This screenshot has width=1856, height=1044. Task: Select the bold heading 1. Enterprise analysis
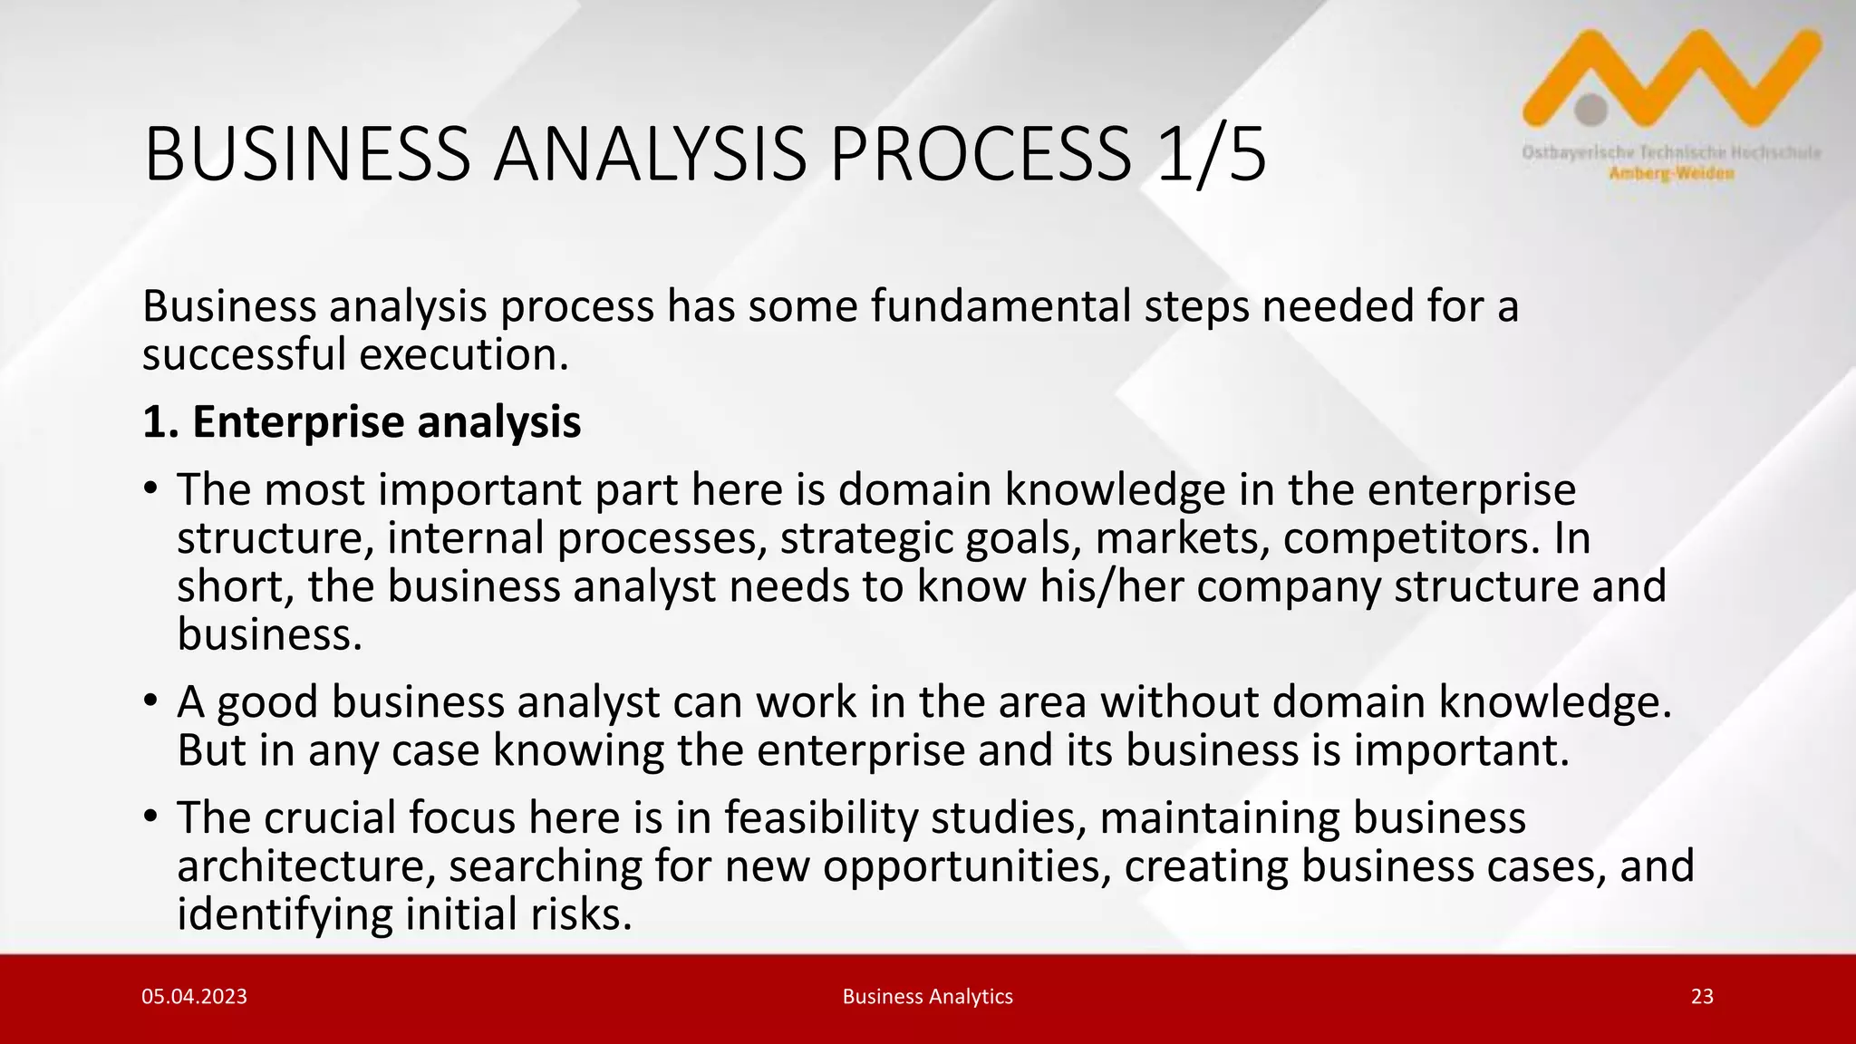pyautogui.click(x=362, y=422)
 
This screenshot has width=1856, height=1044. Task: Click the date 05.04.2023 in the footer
pyautogui.click(x=194, y=997)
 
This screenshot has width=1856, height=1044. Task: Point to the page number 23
pyautogui.click(x=1702, y=997)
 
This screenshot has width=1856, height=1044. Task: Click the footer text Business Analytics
pyautogui.click(x=927, y=997)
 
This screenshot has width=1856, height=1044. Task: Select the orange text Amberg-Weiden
pyautogui.click(x=1671, y=174)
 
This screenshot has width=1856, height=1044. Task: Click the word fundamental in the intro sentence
pyautogui.click(x=1000, y=306)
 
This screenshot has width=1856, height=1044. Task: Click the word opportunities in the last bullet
pyautogui.click(x=967, y=865)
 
